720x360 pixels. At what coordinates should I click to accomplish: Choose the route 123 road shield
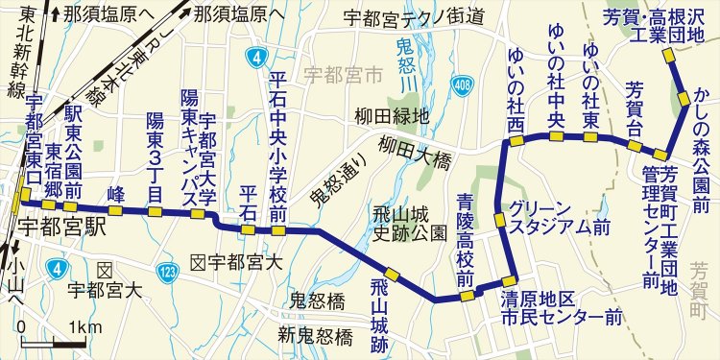point(168,273)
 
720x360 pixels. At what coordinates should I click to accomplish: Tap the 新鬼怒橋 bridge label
point(316,335)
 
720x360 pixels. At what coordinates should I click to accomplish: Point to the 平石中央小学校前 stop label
point(279,146)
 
